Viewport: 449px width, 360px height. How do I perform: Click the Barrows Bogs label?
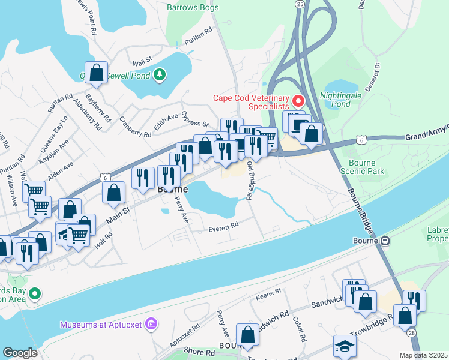point(193,8)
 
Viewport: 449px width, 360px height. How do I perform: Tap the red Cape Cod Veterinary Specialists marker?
point(297,100)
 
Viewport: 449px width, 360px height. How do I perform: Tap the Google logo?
point(20,353)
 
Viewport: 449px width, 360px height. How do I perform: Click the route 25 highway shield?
point(300,4)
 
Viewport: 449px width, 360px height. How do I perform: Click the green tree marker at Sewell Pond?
point(160,74)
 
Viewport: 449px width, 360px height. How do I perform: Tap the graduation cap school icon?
point(345,347)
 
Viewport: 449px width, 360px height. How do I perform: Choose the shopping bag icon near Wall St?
point(96,73)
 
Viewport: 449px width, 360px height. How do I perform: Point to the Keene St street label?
point(269,292)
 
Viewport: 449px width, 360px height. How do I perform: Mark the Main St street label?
point(118,215)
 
